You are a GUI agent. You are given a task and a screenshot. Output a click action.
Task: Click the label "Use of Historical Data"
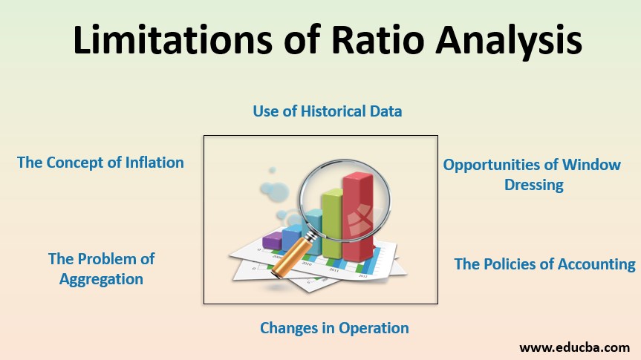(x=327, y=111)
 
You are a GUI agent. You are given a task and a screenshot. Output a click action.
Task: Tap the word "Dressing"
(x=533, y=185)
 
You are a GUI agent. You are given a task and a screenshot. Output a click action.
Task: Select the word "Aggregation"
(x=101, y=279)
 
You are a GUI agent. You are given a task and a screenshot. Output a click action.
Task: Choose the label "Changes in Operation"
(x=334, y=327)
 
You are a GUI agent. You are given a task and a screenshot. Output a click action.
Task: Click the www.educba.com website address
(x=574, y=347)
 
